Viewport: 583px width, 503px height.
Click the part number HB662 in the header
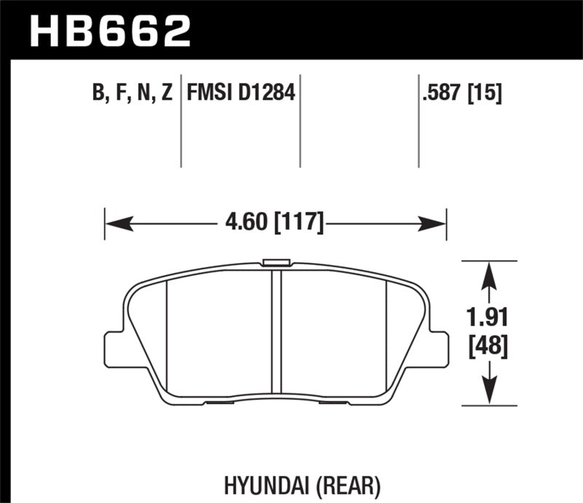point(110,30)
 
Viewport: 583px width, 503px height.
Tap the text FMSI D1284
point(240,93)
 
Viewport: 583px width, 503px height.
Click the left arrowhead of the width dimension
point(112,221)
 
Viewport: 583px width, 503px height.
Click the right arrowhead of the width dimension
point(438,221)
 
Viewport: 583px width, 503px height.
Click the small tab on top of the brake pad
point(276,262)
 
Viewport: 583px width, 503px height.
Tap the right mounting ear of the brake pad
point(439,349)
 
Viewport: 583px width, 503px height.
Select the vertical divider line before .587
point(418,120)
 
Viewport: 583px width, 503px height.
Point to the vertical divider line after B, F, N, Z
point(181,120)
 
